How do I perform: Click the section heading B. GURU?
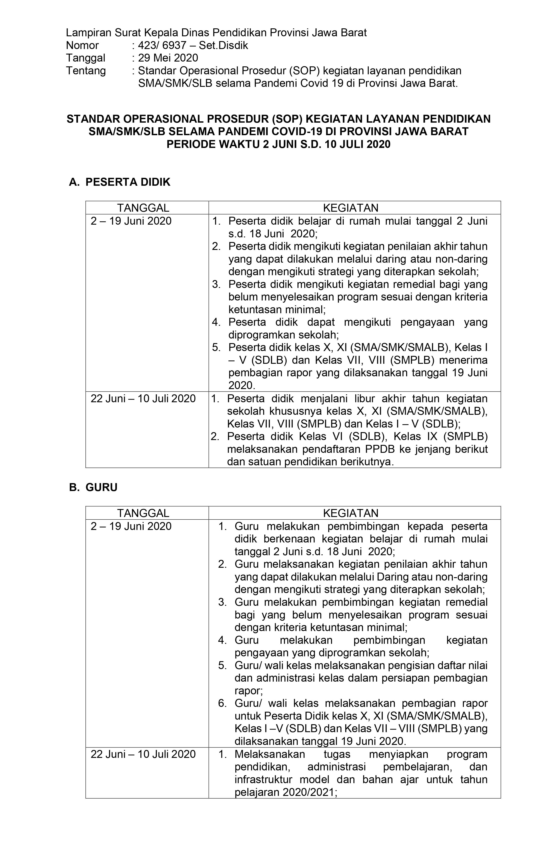pyautogui.click(x=93, y=487)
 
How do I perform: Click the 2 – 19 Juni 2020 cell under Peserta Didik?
pyautogui.click(x=131, y=221)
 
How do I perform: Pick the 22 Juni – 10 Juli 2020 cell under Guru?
pyautogui.click(x=143, y=754)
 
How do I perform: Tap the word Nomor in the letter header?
pyautogui.click(x=83, y=45)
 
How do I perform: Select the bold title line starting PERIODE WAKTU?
pyautogui.click(x=279, y=144)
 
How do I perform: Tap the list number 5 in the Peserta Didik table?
pyautogui.click(x=216, y=347)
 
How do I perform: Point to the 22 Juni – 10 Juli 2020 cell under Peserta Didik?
pyautogui.click(x=143, y=398)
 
